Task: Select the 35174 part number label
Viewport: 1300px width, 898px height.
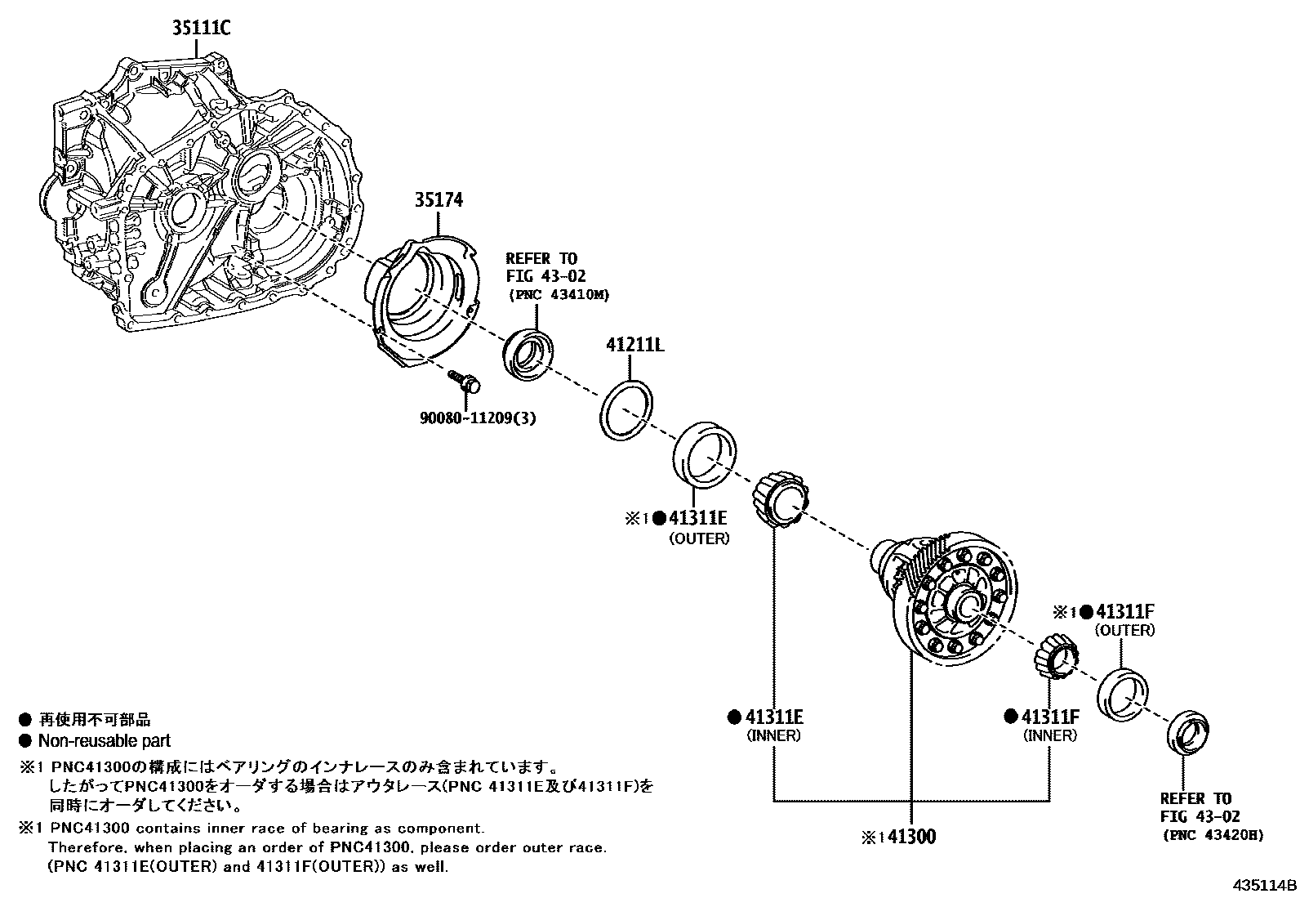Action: point(439,199)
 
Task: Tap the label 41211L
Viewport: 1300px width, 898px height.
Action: point(634,345)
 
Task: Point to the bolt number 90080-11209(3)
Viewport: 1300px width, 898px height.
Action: point(478,418)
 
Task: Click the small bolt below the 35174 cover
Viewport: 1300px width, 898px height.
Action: point(465,381)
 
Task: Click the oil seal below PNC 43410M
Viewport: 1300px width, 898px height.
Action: point(528,352)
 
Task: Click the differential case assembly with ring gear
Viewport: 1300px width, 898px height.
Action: point(951,596)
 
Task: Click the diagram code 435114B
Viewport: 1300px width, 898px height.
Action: point(1264,885)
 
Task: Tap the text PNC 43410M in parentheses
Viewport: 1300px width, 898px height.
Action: point(559,294)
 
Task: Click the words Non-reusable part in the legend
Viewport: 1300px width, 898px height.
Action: point(105,741)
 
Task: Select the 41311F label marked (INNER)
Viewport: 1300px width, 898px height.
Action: point(1050,717)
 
